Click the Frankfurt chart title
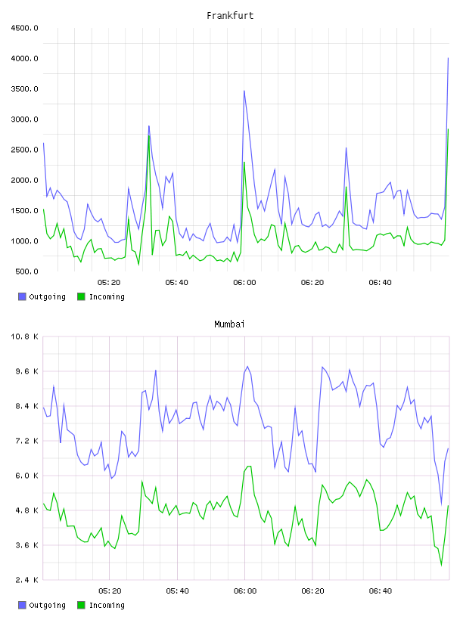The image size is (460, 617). (230, 16)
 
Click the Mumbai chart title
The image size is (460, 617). (229, 324)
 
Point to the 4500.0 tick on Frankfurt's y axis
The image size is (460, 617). (24, 28)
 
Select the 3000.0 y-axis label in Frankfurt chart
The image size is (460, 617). (24, 119)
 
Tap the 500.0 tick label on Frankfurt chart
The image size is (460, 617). (26, 271)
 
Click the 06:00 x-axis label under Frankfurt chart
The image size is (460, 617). (244, 283)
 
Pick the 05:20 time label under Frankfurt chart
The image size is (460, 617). (109, 283)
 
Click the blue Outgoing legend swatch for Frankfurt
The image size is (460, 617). (22, 296)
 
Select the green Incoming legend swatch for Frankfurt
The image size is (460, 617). (81, 296)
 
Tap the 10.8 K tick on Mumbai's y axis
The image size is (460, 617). (24, 336)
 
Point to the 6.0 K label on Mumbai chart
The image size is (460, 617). (26, 476)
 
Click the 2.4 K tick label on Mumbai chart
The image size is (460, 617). (26, 580)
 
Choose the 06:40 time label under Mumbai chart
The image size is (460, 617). (381, 591)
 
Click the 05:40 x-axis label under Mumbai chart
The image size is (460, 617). (177, 591)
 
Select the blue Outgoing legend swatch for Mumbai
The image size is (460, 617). (22, 605)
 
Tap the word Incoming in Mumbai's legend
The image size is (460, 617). (107, 605)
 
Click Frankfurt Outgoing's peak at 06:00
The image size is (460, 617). (244, 91)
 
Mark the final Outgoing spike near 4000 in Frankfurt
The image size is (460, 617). (448, 59)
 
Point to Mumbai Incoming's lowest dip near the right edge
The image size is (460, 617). (442, 566)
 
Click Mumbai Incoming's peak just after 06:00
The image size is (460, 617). (249, 467)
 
